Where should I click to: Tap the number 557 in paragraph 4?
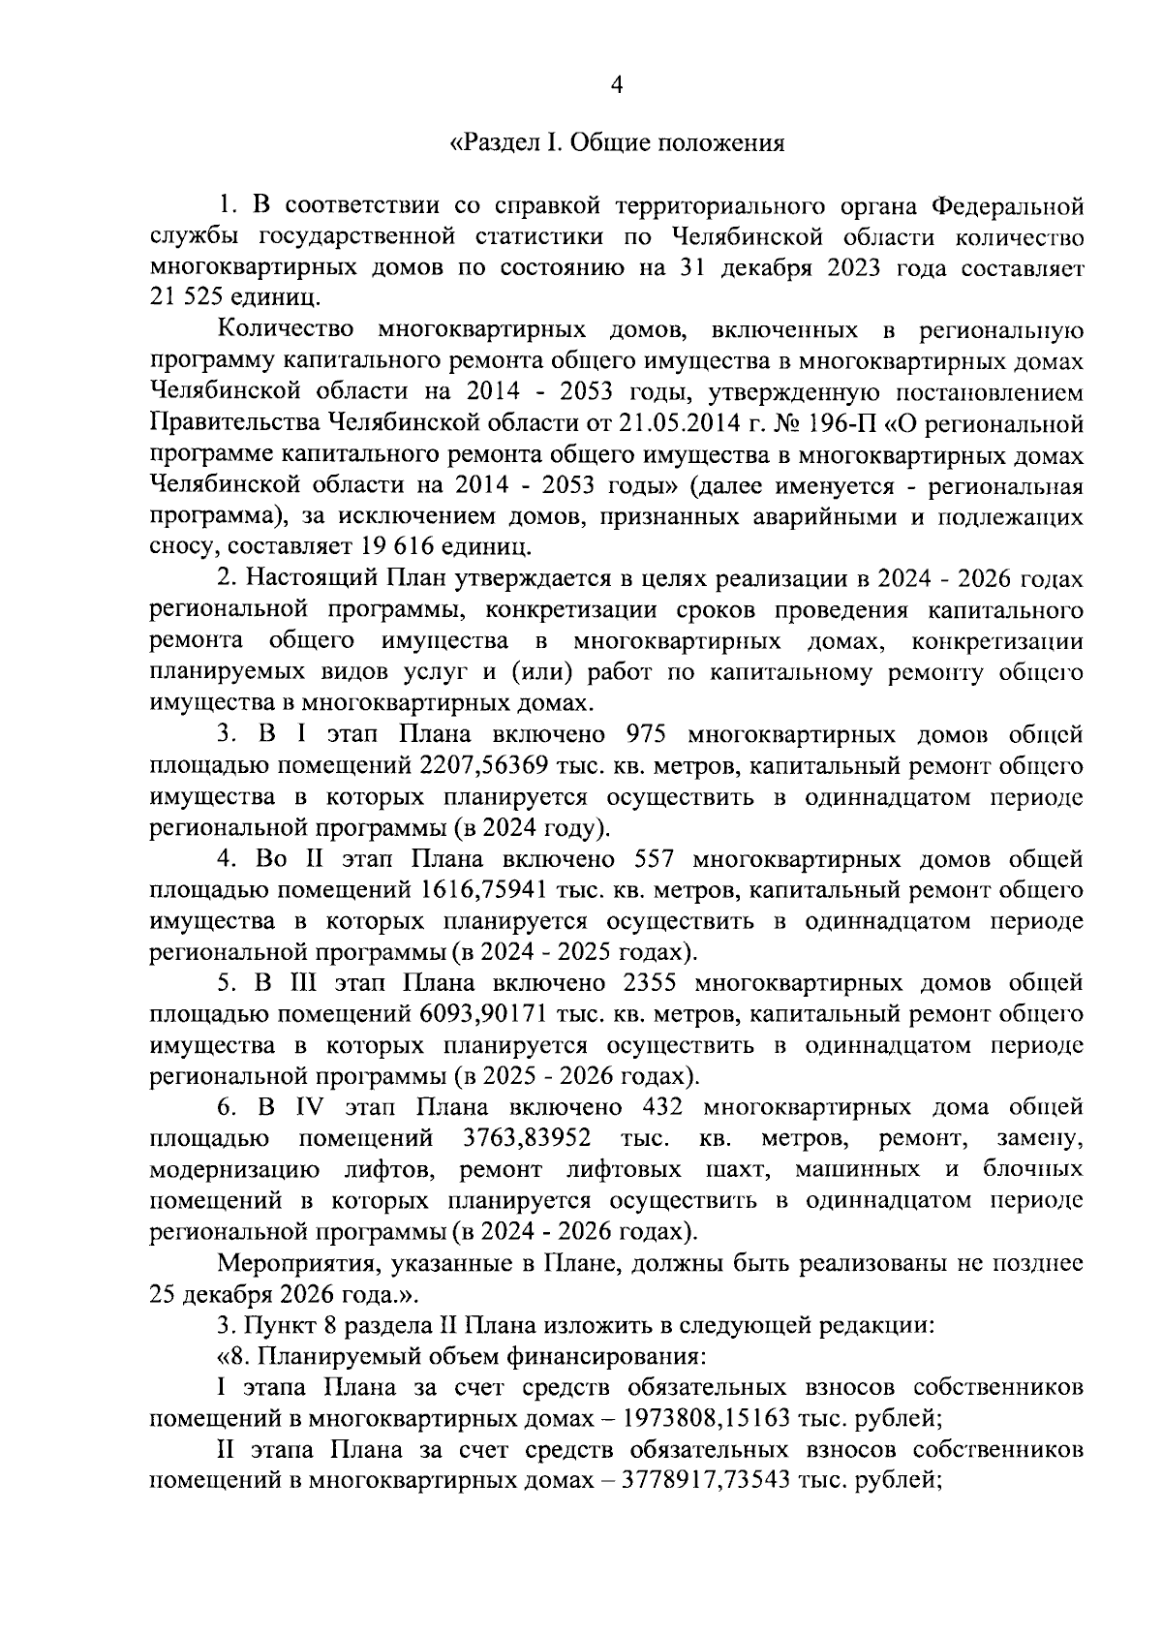[x=659, y=858]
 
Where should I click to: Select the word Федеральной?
[x=1007, y=205]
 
